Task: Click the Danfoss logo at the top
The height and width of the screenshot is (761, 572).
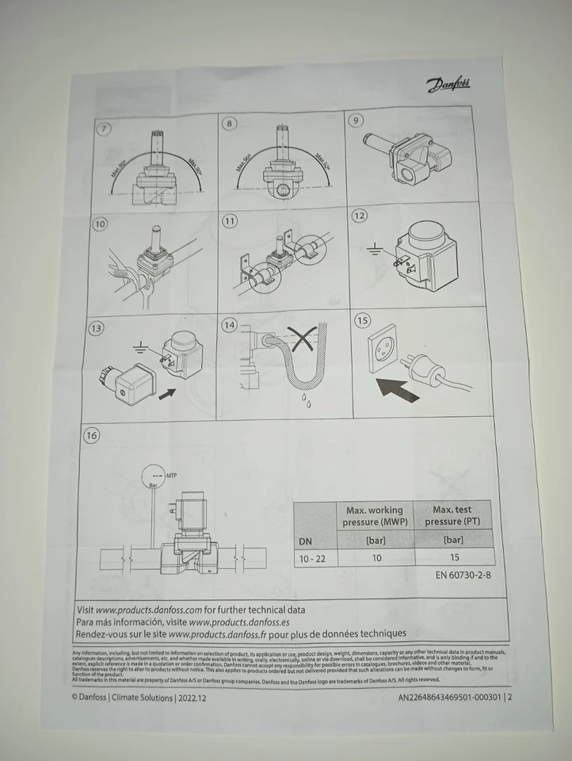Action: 447,85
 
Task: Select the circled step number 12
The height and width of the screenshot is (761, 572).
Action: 360,216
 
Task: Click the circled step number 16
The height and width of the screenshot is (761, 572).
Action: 93,435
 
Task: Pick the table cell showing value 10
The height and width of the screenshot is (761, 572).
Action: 376,557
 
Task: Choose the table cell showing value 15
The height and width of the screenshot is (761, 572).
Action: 454,557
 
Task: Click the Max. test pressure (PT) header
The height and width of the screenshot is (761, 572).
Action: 453,515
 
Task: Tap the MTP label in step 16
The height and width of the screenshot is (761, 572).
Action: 170,474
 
